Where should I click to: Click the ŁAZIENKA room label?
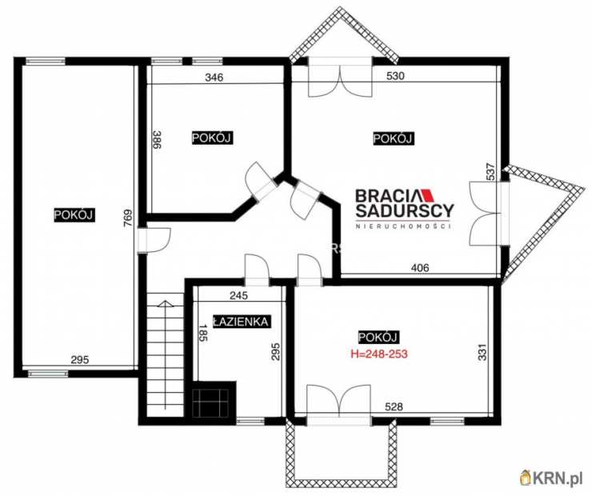[241, 322]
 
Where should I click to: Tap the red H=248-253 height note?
[379, 354]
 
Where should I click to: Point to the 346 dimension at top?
[214, 78]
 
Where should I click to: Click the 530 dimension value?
[395, 76]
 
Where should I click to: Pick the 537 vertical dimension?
[490, 174]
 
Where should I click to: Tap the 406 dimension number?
[420, 268]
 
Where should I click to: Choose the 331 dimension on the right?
[483, 352]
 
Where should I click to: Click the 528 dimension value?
[394, 407]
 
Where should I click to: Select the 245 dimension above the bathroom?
[238, 295]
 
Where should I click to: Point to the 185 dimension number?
[203, 333]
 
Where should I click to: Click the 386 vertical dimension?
[157, 140]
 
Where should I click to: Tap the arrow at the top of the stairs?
[165, 304]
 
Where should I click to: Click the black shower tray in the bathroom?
[210, 402]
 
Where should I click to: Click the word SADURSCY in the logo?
[404, 210]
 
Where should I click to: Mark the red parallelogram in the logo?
[428, 194]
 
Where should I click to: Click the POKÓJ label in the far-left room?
[74, 214]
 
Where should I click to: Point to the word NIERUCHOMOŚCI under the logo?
[404, 226]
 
